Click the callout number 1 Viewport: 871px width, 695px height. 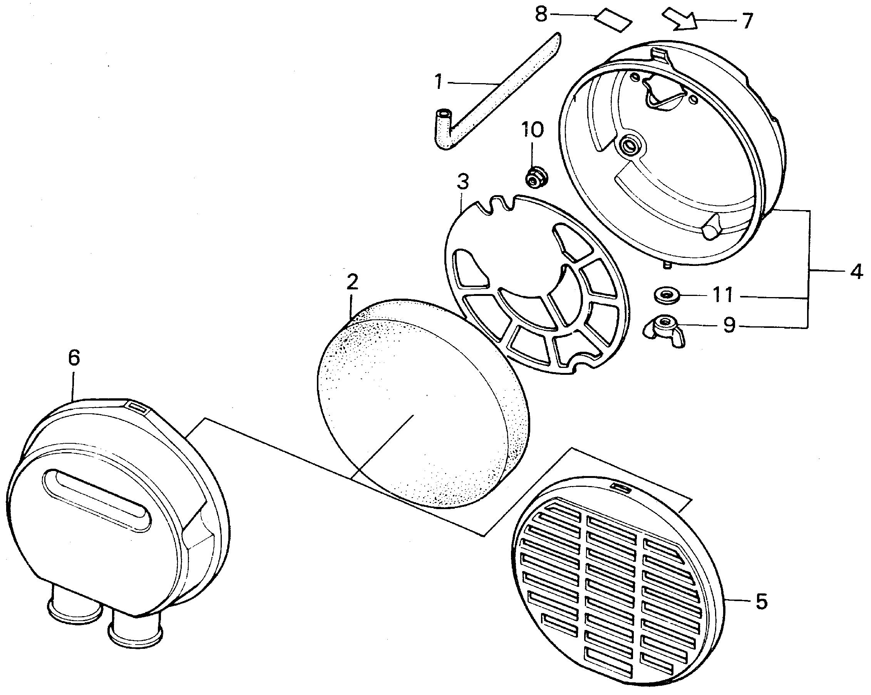(x=439, y=82)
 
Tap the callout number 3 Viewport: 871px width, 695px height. (x=463, y=182)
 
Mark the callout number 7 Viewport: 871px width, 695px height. (x=747, y=21)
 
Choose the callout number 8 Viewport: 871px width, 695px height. (x=541, y=15)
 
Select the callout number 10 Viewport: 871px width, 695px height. (x=532, y=130)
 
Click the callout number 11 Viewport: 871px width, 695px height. (x=722, y=295)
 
